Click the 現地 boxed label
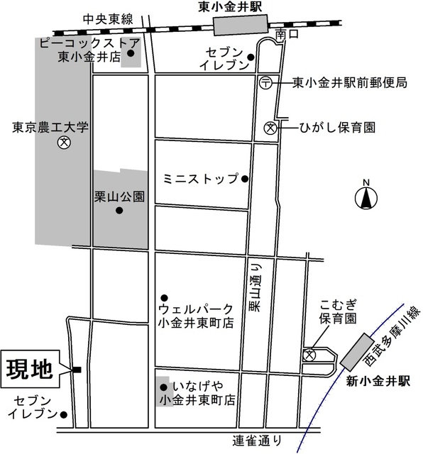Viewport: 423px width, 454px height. pos(29,369)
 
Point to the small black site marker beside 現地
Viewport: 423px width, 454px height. pos(76,369)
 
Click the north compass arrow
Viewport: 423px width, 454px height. pos(367,197)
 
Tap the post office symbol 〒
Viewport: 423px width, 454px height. pos(265,82)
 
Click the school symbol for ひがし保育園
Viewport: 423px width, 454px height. pos(270,128)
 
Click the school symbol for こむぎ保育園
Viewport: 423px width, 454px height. pos(310,355)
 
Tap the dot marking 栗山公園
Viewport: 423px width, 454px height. pos(119,211)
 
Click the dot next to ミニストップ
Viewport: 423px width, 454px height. pos(245,178)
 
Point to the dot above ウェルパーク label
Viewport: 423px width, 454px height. pos(164,297)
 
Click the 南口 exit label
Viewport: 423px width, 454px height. pos(285,33)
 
